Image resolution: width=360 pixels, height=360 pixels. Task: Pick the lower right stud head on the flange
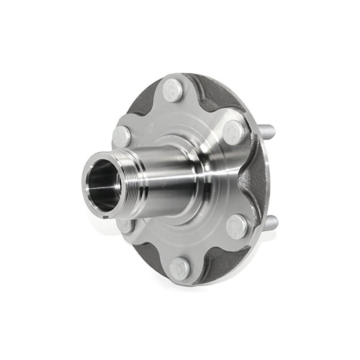pos(237,226)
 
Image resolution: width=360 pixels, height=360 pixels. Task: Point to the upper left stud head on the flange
pos(121,136)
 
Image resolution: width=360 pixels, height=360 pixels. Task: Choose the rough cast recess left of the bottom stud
pos(144,254)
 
